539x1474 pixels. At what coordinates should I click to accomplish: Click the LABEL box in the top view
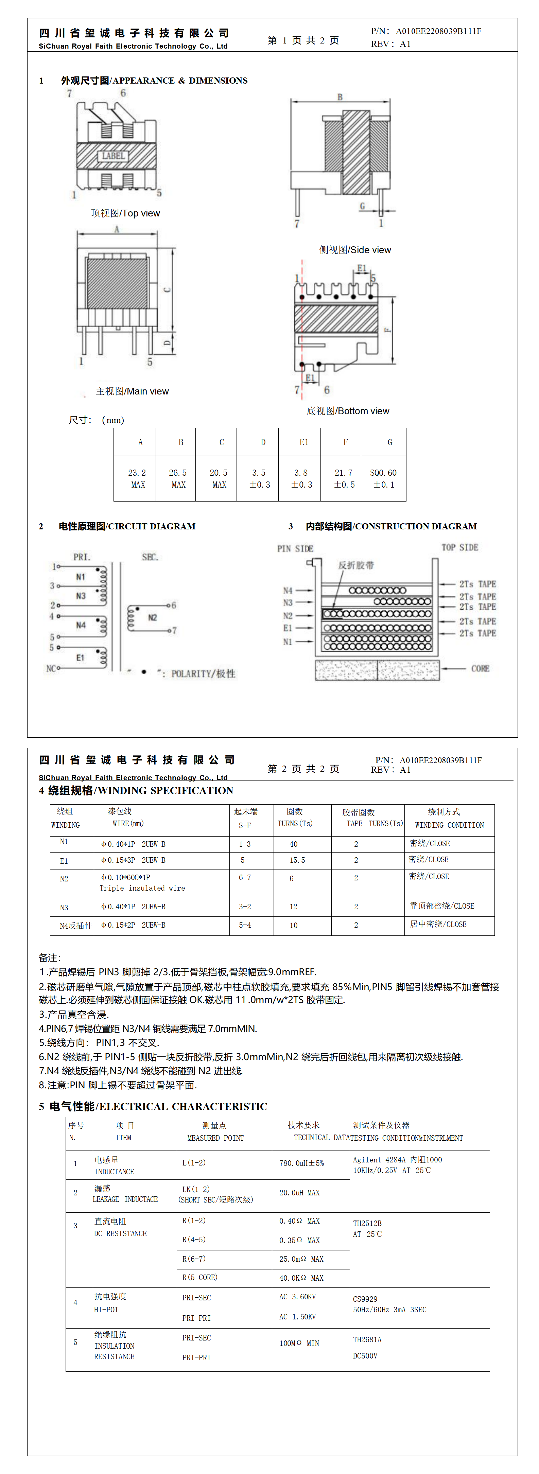tap(113, 156)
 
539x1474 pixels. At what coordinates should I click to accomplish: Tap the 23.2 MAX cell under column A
tap(137, 478)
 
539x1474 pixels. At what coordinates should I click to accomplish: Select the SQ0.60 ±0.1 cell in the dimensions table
tap(383, 478)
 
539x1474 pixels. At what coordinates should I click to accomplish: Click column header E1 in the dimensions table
tap(304, 442)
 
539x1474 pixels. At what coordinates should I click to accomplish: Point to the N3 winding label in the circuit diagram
tap(81, 596)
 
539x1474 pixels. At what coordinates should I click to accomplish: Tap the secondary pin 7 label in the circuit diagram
tap(175, 631)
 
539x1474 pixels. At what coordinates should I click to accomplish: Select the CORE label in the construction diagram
tap(480, 668)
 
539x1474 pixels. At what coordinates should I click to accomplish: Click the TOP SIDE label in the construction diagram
tap(459, 548)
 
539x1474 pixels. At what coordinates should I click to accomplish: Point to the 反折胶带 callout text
tap(356, 565)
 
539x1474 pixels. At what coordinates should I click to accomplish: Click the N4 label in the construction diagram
tap(288, 591)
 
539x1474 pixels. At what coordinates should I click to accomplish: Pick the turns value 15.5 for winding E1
tap(297, 860)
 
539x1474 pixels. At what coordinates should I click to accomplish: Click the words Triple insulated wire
tap(142, 888)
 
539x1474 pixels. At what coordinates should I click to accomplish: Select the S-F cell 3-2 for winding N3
tap(245, 906)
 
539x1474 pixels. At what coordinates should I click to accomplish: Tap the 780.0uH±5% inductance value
tap(301, 1163)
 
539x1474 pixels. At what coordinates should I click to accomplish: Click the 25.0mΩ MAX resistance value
tap(301, 1259)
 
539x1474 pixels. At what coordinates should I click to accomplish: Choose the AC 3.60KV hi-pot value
tap(297, 1297)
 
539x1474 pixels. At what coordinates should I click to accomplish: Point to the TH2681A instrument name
tap(367, 1339)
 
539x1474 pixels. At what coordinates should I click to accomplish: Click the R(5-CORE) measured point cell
tap(200, 1277)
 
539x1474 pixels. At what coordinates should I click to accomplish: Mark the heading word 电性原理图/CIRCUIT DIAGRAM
tap(127, 526)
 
